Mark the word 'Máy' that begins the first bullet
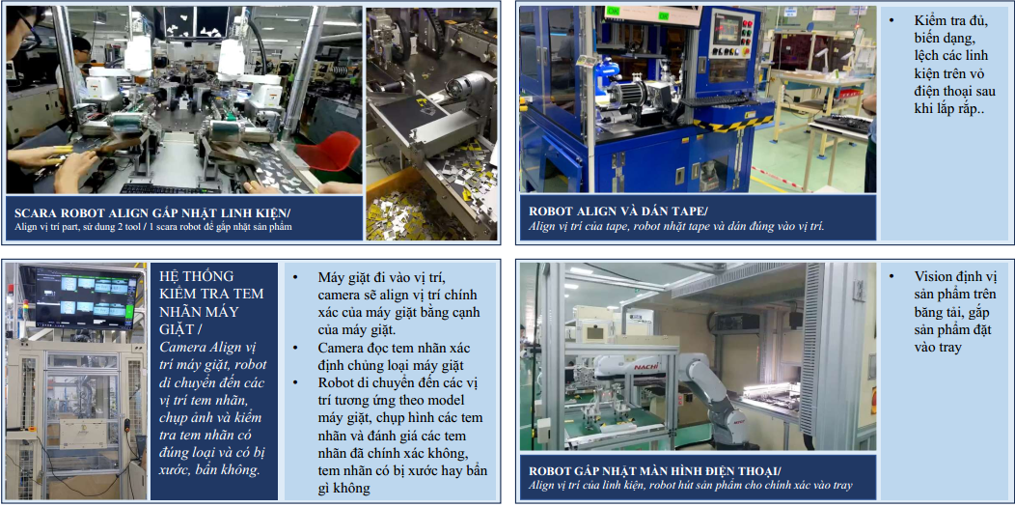coord(332,278)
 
